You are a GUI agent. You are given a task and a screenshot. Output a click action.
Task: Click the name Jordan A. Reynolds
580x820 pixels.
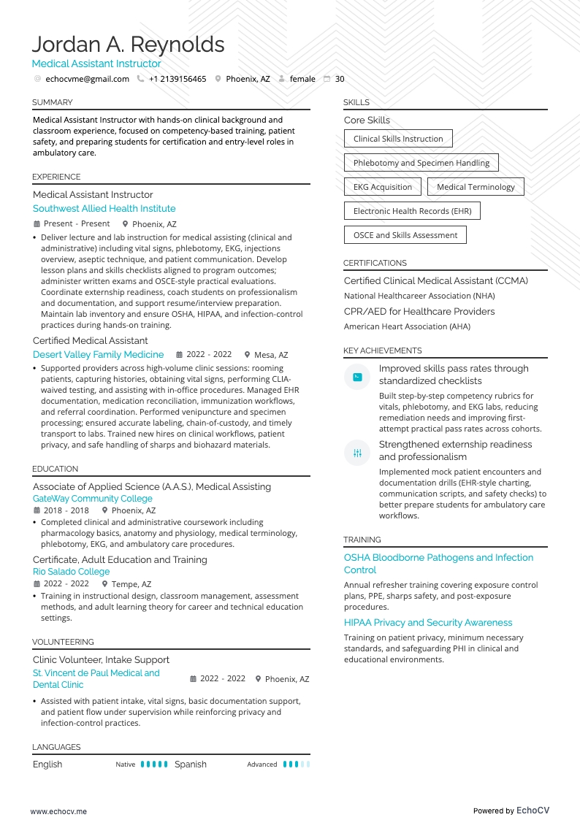click(x=128, y=45)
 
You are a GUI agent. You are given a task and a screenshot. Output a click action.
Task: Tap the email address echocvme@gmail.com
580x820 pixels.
click(x=87, y=79)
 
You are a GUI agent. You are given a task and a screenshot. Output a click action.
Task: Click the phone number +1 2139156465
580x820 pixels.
click(x=178, y=79)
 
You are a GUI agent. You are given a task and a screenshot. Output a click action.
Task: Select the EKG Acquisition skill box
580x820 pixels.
click(x=383, y=187)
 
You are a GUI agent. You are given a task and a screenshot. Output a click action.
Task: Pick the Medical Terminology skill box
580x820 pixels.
click(x=476, y=187)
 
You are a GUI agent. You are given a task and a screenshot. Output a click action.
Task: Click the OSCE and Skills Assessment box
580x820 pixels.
click(x=405, y=235)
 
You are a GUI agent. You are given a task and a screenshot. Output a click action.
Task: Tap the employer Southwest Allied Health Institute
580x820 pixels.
click(x=104, y=209)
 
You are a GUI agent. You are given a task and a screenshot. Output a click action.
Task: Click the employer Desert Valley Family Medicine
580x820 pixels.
click(x=99, y=355)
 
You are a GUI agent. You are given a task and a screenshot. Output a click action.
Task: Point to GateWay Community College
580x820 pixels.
click(x=93, y=499)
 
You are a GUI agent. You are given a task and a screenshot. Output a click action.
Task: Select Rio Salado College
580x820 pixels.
click(x=72, y=572)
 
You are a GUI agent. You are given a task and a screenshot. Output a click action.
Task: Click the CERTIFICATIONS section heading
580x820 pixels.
click(x=375, y=263)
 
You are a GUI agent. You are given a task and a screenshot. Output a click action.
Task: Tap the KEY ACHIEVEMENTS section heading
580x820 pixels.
click(x=382, y=350)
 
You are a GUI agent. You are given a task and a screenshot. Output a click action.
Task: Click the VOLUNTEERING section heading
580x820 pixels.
click(x=63, y=642)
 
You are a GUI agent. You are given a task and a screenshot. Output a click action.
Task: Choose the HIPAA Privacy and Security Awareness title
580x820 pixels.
click(x=428, y=623)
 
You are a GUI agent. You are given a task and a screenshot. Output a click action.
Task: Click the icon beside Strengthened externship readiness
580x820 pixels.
click(x=357, y=453)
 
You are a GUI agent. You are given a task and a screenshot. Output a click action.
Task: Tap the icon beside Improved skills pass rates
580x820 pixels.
click(x=357, y=377)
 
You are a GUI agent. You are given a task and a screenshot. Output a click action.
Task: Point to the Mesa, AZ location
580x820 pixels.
click(x=271, y=355)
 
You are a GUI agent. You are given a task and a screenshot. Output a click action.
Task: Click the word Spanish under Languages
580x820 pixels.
click(x=191, y=765)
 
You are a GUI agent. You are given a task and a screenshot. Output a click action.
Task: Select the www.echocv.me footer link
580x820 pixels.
click(x=58, y=811)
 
